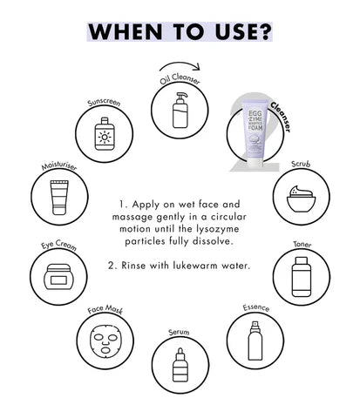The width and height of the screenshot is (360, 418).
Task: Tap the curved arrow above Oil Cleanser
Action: click(180, 64)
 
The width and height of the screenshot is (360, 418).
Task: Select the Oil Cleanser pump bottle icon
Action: click(180, 111)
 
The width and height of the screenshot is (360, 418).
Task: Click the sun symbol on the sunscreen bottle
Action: click(105, 137)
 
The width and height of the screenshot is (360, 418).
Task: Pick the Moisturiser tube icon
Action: click(59, 198)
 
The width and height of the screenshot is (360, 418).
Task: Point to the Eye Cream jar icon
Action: click(58, 277)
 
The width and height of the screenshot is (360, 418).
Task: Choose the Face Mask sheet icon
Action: click(105, 340)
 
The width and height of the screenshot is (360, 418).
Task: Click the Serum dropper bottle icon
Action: click(180, 365)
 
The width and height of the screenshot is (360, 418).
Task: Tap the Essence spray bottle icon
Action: click(255, 340)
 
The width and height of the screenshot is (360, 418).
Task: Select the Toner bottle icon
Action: click(301, 276)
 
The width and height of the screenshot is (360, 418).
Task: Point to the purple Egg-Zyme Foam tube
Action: click(255, 133)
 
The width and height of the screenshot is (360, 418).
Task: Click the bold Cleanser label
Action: click(281, 117)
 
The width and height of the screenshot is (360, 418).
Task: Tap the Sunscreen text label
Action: click(104, 103)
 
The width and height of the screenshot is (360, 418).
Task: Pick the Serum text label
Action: click(179, 332)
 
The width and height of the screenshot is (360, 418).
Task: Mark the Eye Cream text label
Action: click(58, 245)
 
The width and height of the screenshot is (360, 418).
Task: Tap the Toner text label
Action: click(302, 245)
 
